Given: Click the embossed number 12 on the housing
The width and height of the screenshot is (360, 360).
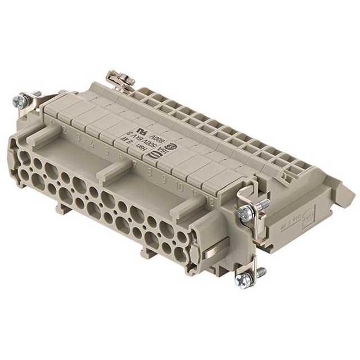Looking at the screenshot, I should tap(209, 200).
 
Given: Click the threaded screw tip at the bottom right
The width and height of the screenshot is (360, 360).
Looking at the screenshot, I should tap(261, 272).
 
